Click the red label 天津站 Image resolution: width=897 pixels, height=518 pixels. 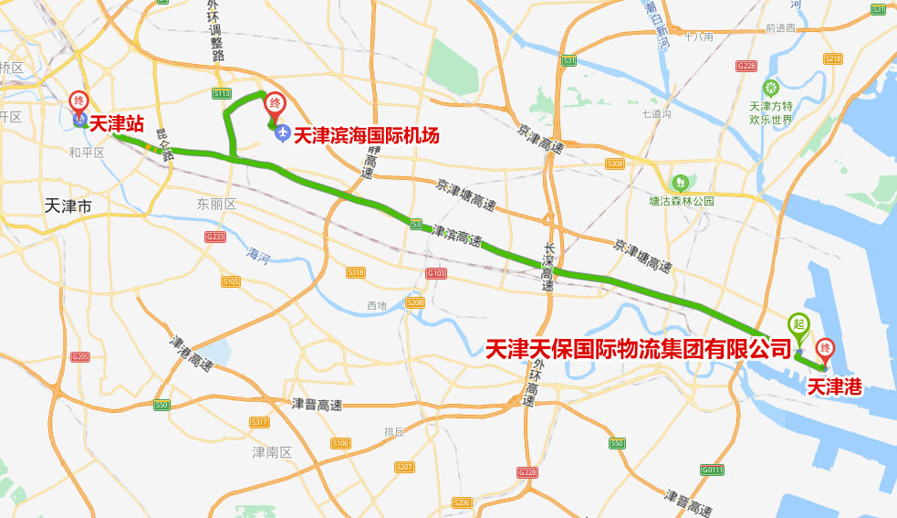point(116,123)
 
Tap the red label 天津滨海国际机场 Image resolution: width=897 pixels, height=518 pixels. point(367,135)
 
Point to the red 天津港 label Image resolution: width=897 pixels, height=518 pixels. point(834,387)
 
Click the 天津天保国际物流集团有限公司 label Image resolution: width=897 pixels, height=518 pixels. point(638,348)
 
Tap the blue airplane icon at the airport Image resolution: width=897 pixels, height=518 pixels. point(281,134)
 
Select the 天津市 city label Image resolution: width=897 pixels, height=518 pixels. point(68,207)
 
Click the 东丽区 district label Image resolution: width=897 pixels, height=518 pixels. point(216,205)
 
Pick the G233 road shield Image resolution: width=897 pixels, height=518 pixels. point(215,237)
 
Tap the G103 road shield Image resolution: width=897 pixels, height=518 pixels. point(436,273)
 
